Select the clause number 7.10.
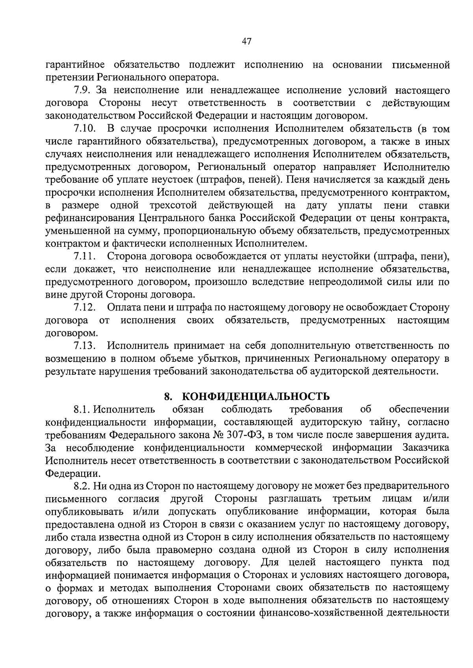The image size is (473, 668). pos(85,129)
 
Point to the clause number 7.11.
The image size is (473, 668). pos(85,257)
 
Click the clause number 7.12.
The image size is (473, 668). pos(85,307)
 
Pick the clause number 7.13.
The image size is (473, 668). pos(85,346)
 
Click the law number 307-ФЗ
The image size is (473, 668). pos(247,435)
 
